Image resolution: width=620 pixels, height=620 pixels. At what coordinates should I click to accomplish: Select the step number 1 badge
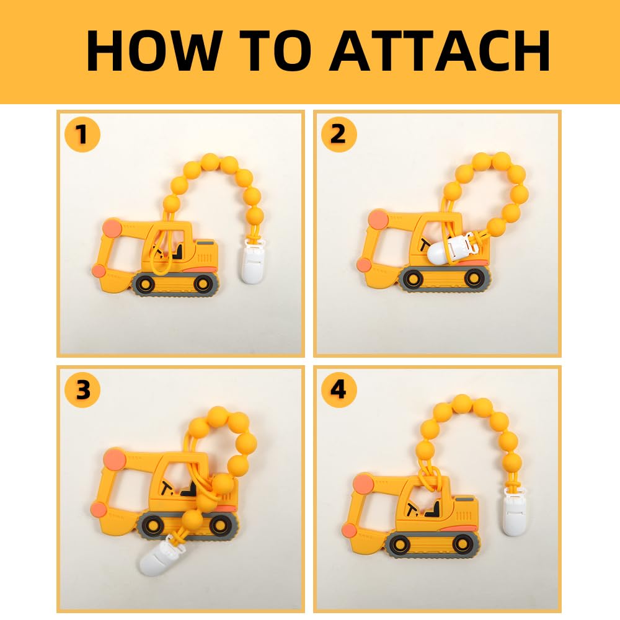click(x=82, y=135)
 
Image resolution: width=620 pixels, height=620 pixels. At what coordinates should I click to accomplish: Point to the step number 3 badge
click(x=82, y=391)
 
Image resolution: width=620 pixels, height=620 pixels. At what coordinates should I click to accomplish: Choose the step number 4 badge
click(x=339, y=391)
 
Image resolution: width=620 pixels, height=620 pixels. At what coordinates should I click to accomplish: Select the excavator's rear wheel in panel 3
click(x=219, y=525)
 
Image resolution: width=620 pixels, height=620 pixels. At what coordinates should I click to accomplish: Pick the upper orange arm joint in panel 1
click(x=112, y=226)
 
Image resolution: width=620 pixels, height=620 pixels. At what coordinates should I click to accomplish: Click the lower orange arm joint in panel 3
click(x=97, y=510)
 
